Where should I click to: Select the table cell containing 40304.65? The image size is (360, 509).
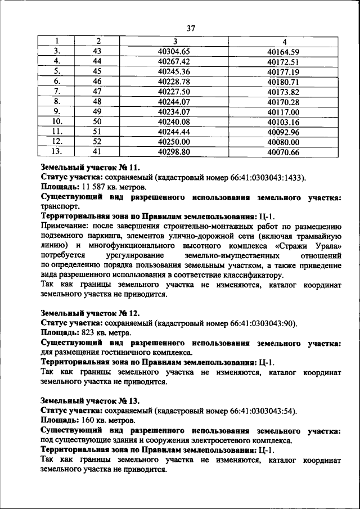175,51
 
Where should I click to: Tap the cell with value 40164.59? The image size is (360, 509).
283,51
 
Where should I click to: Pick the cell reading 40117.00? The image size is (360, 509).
283,111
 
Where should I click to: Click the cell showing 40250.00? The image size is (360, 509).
175,142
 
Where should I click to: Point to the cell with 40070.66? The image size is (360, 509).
283,152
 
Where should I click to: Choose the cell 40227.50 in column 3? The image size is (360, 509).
175,91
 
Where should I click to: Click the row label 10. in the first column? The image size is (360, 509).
57,121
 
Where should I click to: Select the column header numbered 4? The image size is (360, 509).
283,41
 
